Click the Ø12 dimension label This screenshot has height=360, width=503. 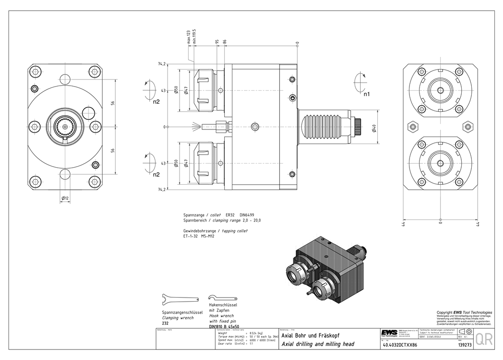65,198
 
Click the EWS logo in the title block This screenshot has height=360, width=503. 388,332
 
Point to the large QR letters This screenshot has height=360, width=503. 484,339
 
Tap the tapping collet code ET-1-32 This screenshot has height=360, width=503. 191,236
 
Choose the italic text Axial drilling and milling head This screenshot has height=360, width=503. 318,344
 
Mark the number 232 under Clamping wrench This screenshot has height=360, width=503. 165,323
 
